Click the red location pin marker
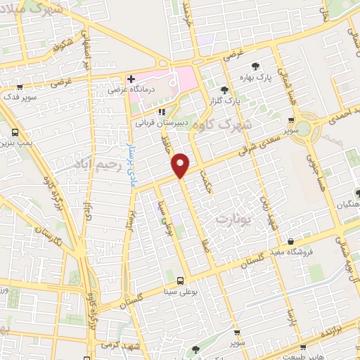(181, 165)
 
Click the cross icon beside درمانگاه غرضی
(131, 78)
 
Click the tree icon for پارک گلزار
(224, 90)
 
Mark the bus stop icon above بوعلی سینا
(181, 280)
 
